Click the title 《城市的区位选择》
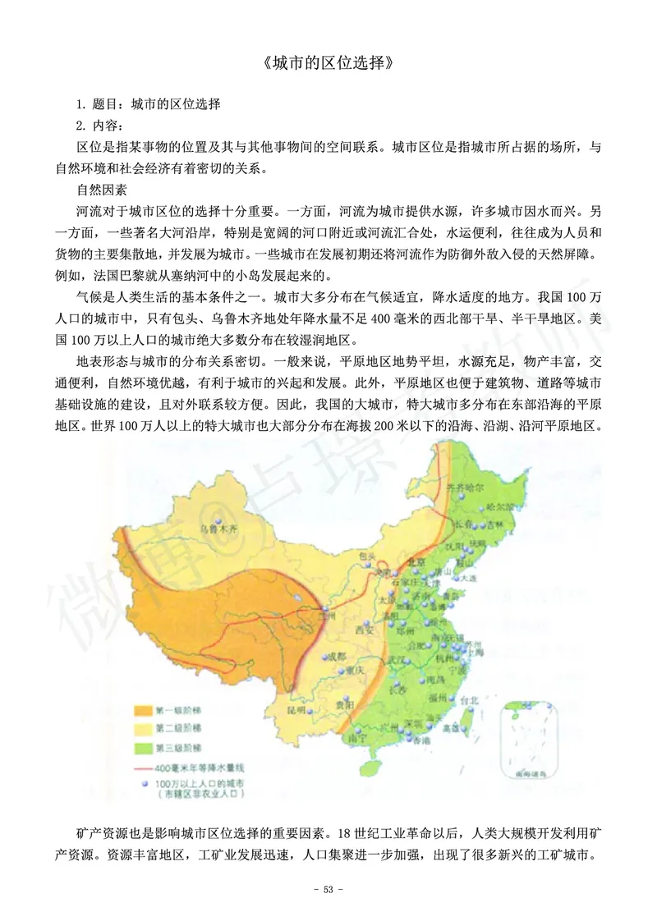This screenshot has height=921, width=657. tap(328, 62)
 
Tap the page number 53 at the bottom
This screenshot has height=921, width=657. tap(328, 889)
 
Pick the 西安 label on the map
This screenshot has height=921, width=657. tap(364, 630)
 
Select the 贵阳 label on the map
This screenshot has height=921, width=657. tap(346, 704)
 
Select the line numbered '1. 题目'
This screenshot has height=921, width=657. tap(148, 105)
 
